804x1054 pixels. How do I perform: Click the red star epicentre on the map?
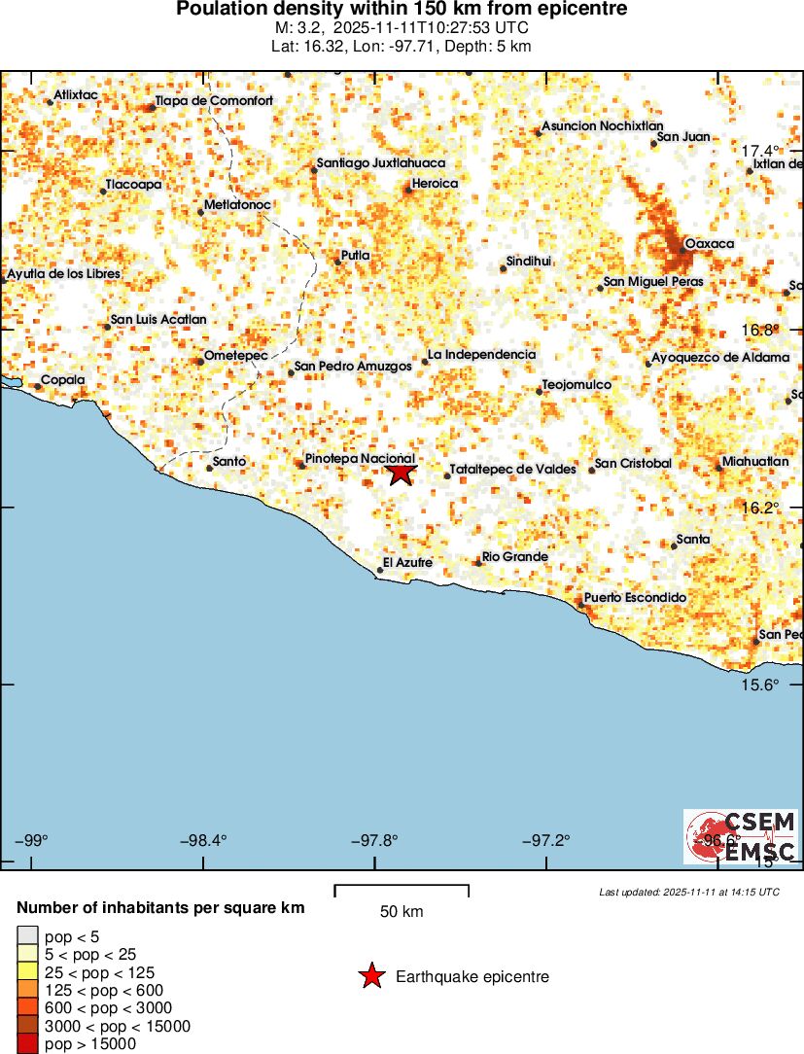click(x=401, y=473)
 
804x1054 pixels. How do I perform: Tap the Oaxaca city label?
click(x=710, y=243)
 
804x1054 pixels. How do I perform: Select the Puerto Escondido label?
click(x=635, y=597)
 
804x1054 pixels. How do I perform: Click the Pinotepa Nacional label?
click(x=360, y=458)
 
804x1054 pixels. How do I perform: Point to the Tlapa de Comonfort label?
click(x=214, y=100)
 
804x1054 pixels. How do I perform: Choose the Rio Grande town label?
click(x=515, y=557)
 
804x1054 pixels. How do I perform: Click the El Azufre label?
click(x=407, y=562)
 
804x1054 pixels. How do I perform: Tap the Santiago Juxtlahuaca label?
click(x=381, y=163)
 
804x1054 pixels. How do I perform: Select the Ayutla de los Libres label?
click(x=64, y=274)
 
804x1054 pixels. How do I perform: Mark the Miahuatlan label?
click(x=755, y=462)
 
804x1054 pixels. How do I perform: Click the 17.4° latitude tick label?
click(x=760, y=151)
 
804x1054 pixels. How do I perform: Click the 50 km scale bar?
click(x=402, y=891)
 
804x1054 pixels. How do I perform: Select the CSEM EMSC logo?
click(x=741, y=837)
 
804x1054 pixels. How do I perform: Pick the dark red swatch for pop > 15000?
click(x=26, y=1044)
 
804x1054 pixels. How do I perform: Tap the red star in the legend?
click(x=371, y=976)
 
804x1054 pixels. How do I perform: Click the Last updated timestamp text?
click(x=689, y=891)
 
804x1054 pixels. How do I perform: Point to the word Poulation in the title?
click(x=220, y=9)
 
